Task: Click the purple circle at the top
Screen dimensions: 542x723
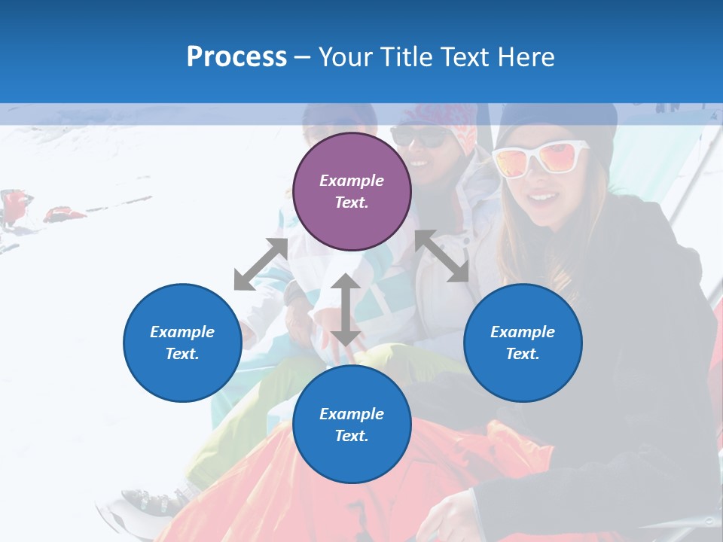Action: pos(352,191)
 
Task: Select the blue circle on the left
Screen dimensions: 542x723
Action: pos(182,343)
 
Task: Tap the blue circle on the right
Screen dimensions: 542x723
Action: pos(523,343)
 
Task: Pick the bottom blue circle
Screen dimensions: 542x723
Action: pos(352,425)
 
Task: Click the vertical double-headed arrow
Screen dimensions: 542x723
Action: pos(346,309)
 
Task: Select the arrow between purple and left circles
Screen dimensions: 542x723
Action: pos(261,263)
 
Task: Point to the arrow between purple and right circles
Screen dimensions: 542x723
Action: pos(442,256)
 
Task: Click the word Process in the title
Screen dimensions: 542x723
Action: pos(236,56)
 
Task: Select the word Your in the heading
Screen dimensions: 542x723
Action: pos(344,56)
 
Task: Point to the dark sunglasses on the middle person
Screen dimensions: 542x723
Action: pos(420,137)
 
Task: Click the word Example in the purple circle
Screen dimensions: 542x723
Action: pos(352,181)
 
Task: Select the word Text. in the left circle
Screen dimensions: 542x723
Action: pos(182,354)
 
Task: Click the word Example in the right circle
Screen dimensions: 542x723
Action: pos(523,332)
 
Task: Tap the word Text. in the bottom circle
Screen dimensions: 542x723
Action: pos(352,436)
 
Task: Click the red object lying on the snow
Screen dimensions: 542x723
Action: pos(63,215)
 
